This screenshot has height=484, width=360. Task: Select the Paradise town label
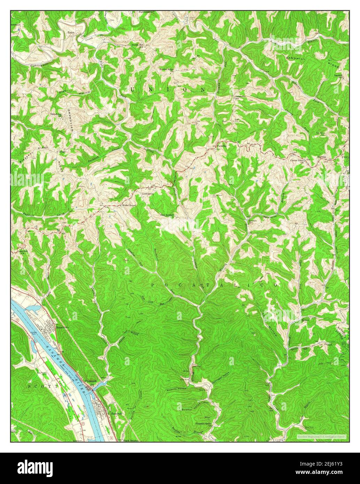(x=222, y=146)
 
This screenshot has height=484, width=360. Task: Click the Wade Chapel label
(x=128, y=205)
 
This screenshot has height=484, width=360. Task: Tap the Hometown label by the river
(x=63, y=328)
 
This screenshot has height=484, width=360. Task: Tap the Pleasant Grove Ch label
(x=204, y=424)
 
